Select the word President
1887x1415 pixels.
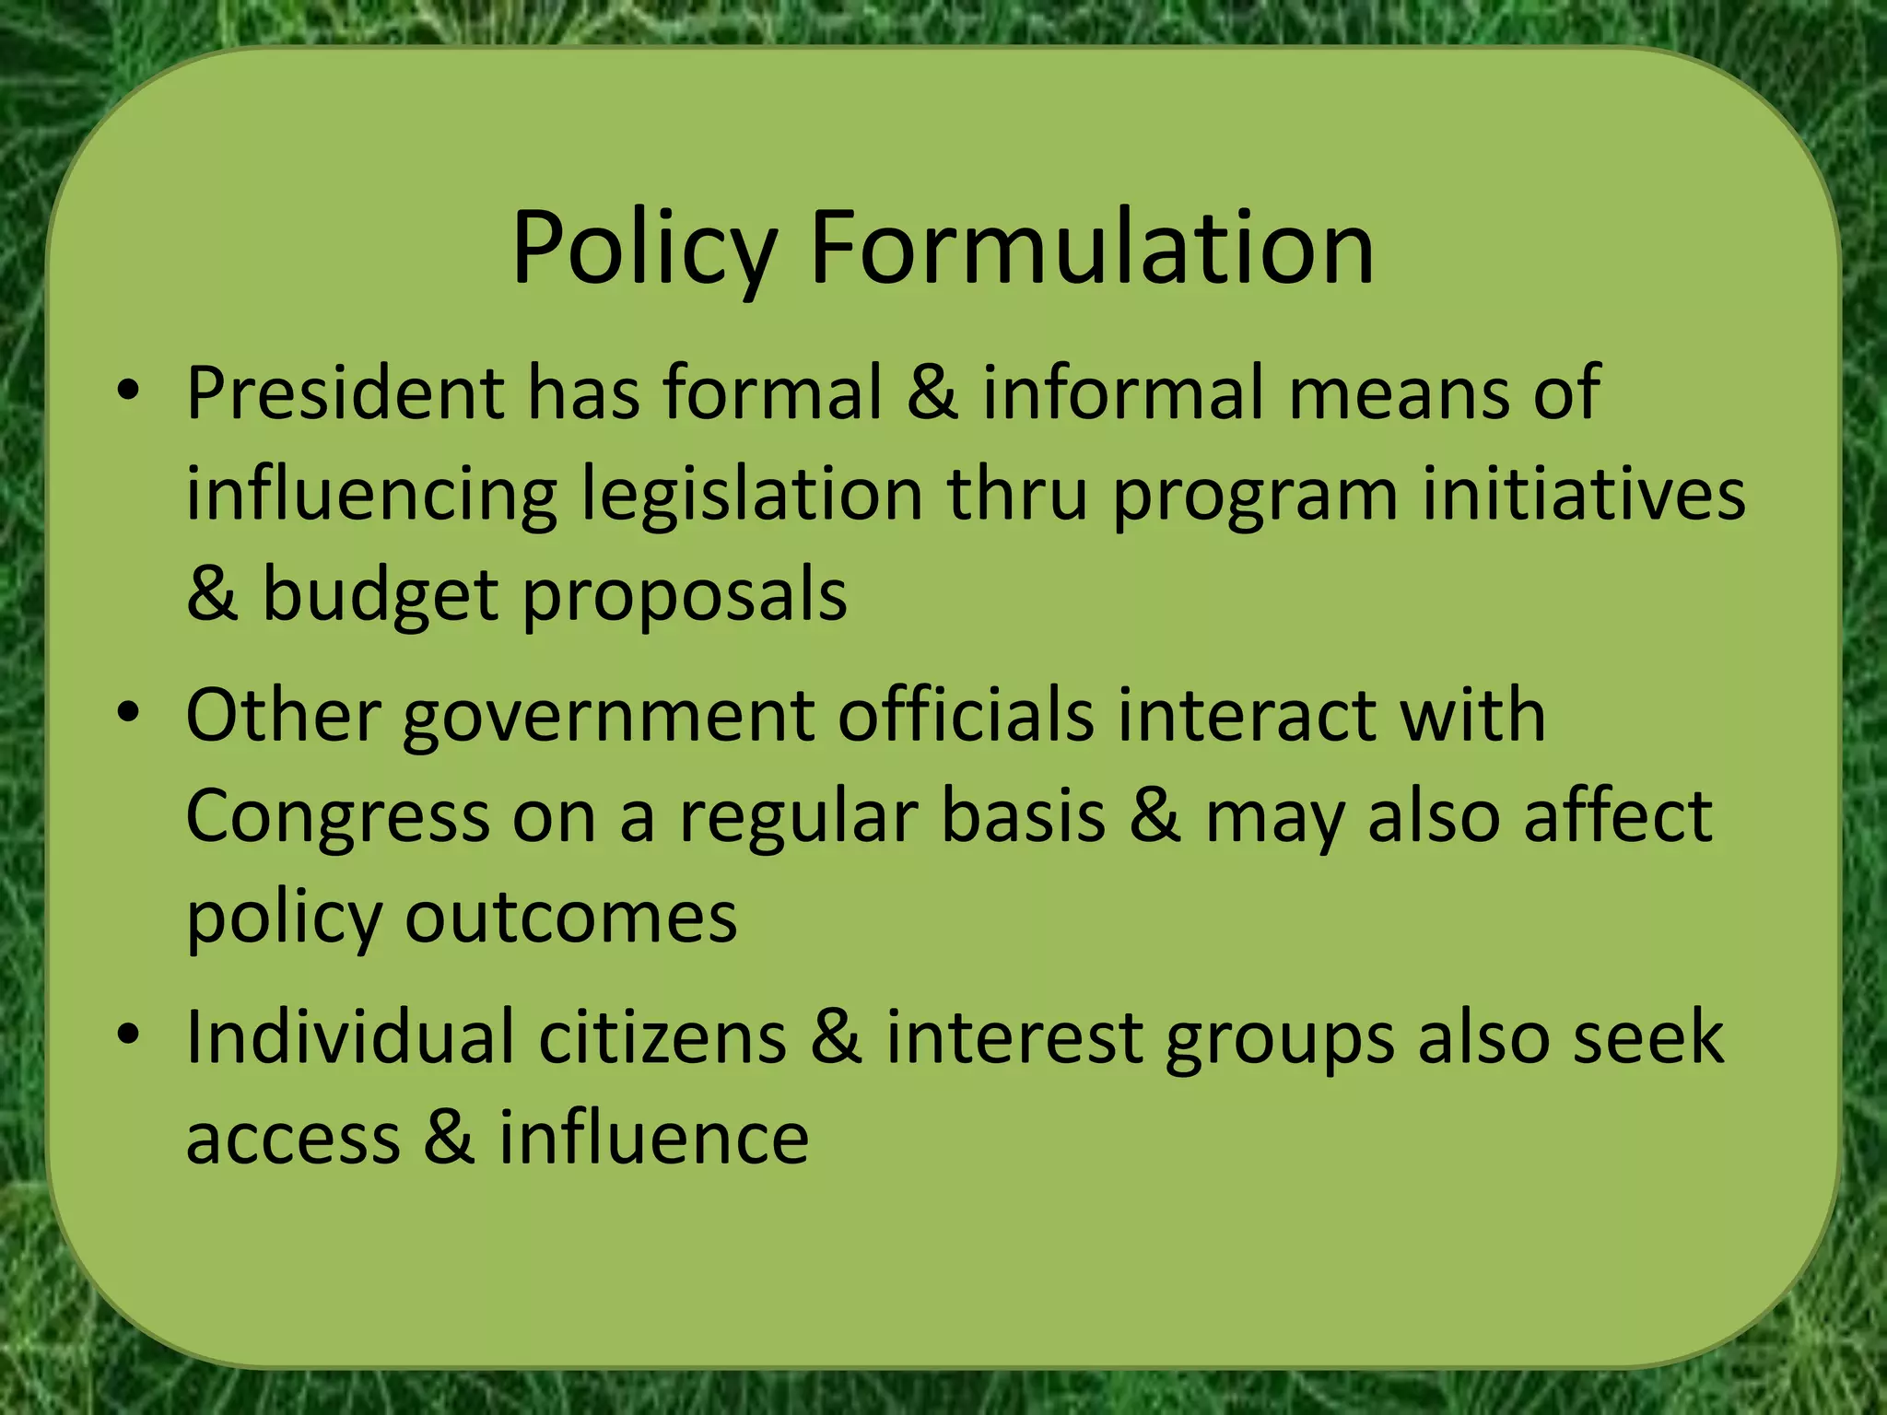[x=345, y=393]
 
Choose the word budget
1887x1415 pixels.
[x=380, y=597]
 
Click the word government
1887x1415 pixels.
[x=608, y=718]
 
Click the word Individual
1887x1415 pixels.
[x=350, y=1038]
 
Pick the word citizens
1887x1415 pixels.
[x=662, y=1038]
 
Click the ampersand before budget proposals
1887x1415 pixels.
[x=212, y=595]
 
